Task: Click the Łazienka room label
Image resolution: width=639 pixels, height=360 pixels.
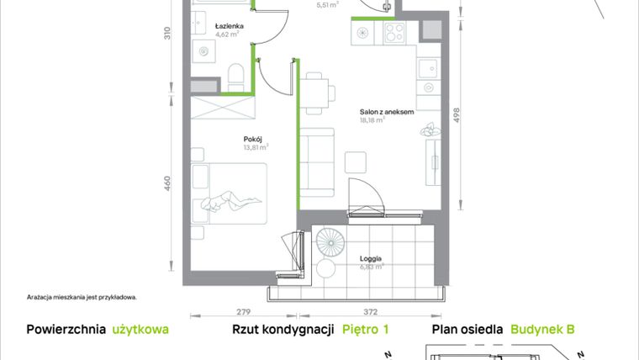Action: coord(229,25)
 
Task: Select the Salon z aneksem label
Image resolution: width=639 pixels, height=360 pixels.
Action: coord(386,111)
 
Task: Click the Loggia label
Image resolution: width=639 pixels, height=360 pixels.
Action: coord(370,258)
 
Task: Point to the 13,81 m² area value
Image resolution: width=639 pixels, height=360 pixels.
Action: coord(256,148)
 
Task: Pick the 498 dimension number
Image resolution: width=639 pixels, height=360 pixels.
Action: coord(457,116)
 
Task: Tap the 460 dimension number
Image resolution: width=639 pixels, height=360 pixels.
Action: coord(167,182)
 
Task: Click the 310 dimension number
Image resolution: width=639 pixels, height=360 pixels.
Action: coord(167,34)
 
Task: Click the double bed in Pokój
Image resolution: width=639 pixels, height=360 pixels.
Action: coord(230,193)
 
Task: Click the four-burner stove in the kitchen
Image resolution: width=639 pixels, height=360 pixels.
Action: coord(395,34)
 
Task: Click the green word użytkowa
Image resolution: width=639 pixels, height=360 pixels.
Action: coord(140,331)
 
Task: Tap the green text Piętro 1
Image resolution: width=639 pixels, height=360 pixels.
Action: coord(366,331)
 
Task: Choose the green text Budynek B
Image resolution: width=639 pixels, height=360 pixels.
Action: coord(542,331)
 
